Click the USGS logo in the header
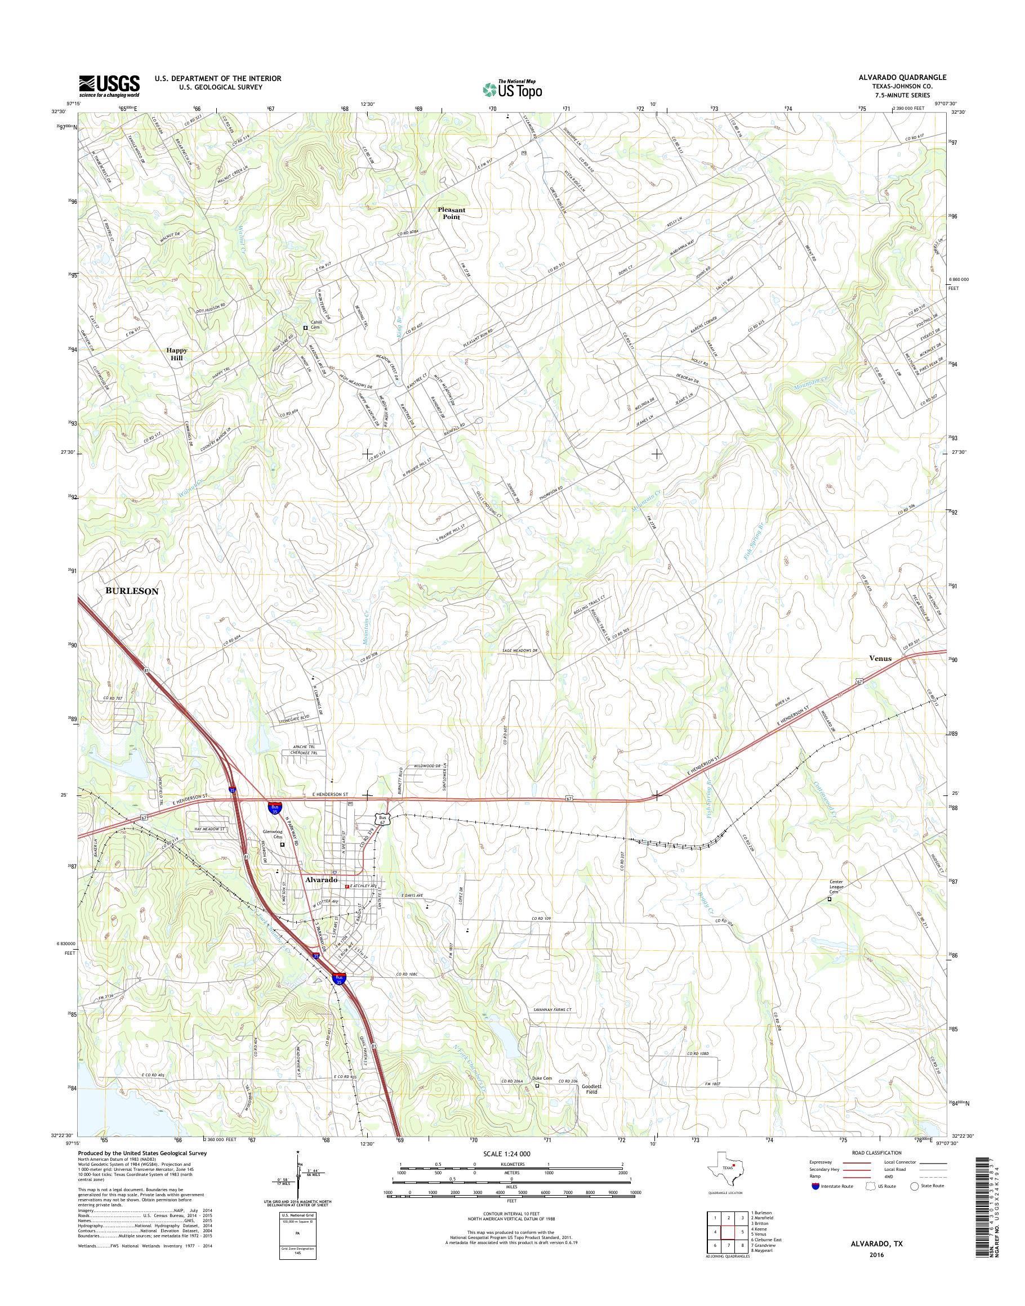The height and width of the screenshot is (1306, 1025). (109, 86)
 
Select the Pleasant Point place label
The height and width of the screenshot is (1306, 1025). (451, 213)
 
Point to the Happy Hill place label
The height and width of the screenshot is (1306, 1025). (177, 354)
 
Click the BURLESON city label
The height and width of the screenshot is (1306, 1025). (132, 591)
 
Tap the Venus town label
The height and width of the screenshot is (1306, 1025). (880, 658)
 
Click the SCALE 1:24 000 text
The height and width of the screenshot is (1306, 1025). (506, 1153)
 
